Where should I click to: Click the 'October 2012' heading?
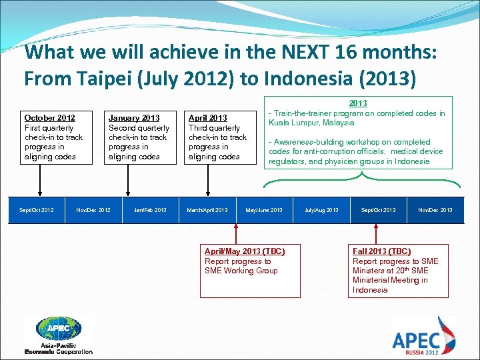coord(49,118)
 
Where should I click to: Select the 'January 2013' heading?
coord(134,118)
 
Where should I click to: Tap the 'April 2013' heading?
coord(208,118)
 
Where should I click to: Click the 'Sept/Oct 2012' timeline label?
coord(37,210)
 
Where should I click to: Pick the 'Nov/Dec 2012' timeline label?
coord(93,210)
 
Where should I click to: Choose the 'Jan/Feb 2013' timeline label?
coord(150,210)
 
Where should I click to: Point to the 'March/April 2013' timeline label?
coord(207,210)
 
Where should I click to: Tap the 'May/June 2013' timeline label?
coord(264,210)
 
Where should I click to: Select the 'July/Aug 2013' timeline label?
coord(321,210)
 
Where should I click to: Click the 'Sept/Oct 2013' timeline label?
coord(378,210)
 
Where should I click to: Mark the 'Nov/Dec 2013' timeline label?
coord(435,210)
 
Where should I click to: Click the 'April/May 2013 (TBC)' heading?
coord(245,251)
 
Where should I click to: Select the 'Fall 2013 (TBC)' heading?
coord(381,251)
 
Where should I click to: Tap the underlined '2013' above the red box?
coord(358,103)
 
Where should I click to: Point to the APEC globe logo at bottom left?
coord(59,329)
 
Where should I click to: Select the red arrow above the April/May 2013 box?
coord(235,233)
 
